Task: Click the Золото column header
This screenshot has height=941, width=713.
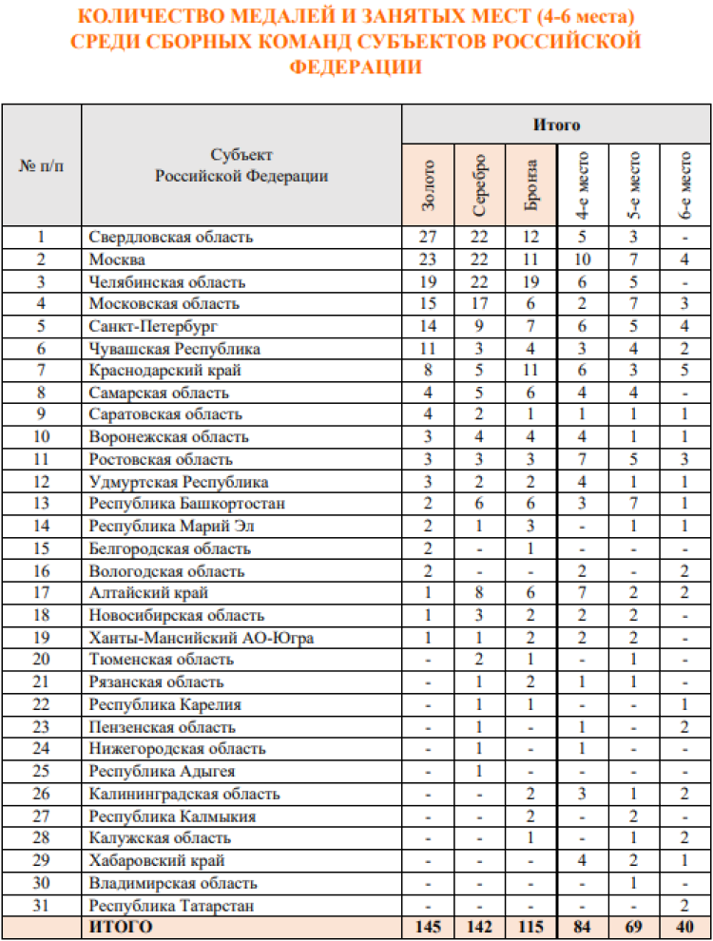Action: (428, 185)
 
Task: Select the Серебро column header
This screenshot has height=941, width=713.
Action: (480, 185)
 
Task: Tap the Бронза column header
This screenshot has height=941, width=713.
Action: (531, 185)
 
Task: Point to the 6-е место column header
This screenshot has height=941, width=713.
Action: (684, 185)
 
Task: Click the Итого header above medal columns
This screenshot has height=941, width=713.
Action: (555, 125)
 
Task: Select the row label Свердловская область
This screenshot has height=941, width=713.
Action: (171, 237)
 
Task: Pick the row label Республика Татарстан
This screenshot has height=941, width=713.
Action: (172, 906)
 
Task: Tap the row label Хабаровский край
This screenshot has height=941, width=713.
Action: (157, 860)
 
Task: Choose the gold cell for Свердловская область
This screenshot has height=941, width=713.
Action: (428, 237)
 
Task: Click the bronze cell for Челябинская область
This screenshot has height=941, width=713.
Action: (531, 281)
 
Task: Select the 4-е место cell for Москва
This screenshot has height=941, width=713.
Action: (583, 259)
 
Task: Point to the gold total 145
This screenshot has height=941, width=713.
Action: (428, 926)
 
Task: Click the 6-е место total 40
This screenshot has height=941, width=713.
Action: (684, 926)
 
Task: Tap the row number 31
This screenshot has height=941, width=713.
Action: (41, 906)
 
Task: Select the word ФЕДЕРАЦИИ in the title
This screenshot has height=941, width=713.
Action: (356, 67)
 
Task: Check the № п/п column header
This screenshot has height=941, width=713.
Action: (41, 164)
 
